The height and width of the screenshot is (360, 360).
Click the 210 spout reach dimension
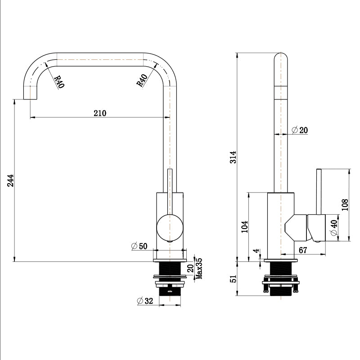(99, 113)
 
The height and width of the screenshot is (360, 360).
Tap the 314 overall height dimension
(233, 157)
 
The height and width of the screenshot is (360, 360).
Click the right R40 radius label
(142, 81)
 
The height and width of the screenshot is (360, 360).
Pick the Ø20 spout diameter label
(300, 130)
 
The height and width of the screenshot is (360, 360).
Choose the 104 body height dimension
(244, 226)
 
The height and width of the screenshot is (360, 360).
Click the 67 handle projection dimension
(303, 250)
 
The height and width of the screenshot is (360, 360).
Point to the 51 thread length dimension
(233, 279)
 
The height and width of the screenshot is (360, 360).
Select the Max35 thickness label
(198, 268)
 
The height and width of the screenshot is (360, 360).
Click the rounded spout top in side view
(281, 59)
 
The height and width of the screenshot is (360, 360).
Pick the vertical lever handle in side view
(319, 191)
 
